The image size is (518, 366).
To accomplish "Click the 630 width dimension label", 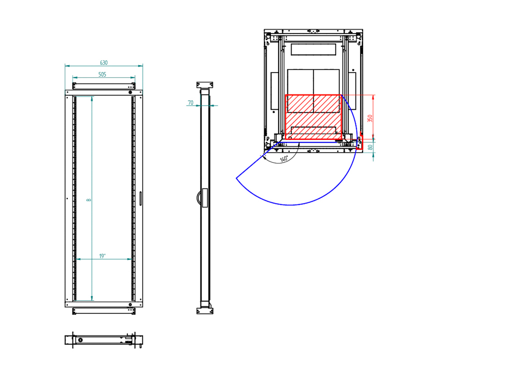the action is click(x=104, y=63).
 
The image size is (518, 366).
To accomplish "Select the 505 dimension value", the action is click(x=103, y=75).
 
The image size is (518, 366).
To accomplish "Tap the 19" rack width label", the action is click(x=103, y=256).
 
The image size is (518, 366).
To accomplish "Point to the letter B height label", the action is click(x=89, y=200).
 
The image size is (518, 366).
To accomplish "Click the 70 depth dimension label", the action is click(x=191, y=103).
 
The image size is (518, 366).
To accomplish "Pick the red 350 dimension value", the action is click(x=370, y=118).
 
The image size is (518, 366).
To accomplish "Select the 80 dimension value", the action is click(x=371, y=147).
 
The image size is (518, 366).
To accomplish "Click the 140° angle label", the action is click(x=284, y=159).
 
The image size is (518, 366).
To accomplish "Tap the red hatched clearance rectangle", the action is click(x=313, y=117).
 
